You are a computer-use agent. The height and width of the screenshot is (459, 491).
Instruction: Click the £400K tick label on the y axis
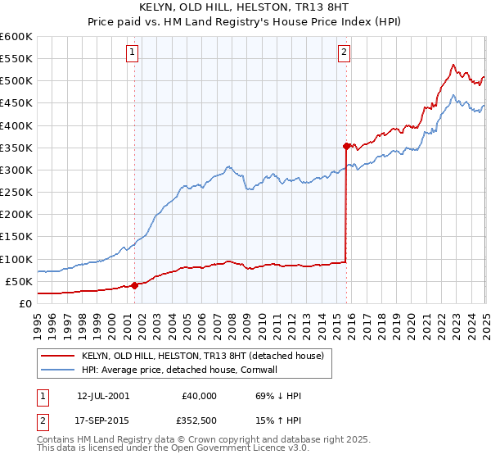pyautogui.click(x=16, y=125)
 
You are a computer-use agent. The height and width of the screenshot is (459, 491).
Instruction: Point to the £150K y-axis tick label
pyautogui.click(x=16, y=237)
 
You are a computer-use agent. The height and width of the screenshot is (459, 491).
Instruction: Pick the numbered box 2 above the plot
pyautogui.click(x=345, y=52)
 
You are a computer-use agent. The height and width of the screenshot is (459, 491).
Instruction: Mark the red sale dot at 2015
pyautogui.click(x=346, y=147)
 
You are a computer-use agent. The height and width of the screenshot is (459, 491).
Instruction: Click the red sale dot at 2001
pyautogui.click(x=134, y=286)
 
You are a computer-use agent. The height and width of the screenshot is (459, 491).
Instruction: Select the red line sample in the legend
pyautogui.click(x=58, y=356)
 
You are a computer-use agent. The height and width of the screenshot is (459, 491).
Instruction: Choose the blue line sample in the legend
pyautogui.click(x=58, y=370)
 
